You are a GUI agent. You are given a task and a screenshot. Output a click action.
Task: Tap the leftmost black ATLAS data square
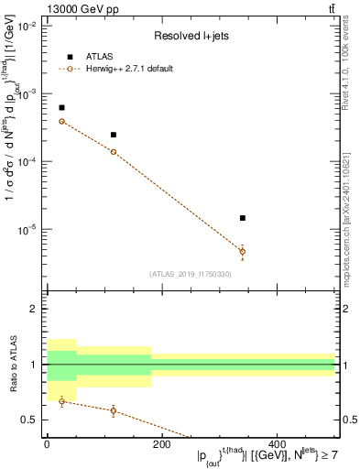(61, 108)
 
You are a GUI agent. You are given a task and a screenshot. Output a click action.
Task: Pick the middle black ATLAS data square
(113, 135)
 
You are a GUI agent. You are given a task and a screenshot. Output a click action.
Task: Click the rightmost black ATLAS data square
(242, 218)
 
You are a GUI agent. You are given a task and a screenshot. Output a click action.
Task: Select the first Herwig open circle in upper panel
(61, 121)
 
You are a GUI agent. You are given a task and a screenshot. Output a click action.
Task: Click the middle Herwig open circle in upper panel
(113, 151)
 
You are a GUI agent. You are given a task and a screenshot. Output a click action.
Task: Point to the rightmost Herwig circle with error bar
(242, 251)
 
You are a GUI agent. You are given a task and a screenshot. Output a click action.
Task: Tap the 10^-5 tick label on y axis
(26, 229)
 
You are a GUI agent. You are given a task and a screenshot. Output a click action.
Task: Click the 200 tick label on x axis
(161, 444)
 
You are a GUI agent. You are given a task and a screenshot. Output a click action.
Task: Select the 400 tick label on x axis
(276, 444)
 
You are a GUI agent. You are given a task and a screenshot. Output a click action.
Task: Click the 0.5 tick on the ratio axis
(32, 420)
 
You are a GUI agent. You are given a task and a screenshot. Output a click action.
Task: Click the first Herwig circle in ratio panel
(61, 401)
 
